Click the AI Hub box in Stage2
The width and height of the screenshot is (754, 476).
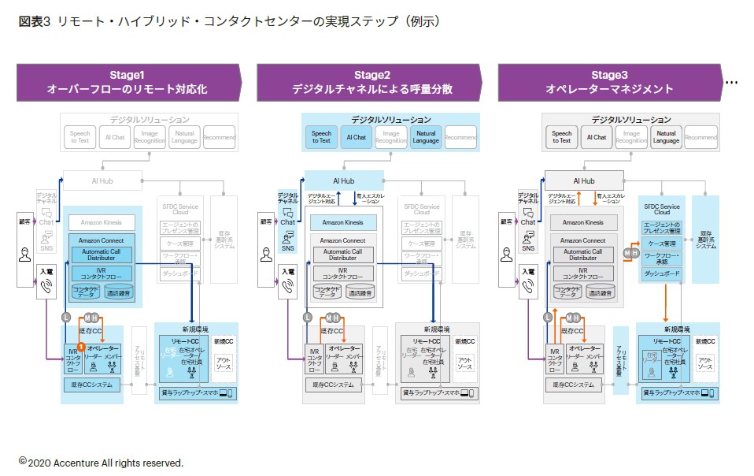coord(343,180)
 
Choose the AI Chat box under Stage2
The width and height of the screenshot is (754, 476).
coord(357,137)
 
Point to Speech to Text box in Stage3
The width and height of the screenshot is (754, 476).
coord(561,137)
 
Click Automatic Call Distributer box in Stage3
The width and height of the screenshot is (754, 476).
coord(582,255)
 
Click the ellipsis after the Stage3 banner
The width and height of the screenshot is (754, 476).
coord(731,82)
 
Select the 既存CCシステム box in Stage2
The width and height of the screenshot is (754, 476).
coord(334,385)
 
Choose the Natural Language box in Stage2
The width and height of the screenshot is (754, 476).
coord(425,137)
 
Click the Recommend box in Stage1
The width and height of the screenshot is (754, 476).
coord(220,137)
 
